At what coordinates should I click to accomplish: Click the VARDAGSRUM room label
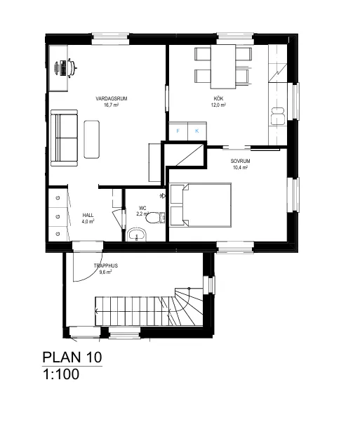[112, 98]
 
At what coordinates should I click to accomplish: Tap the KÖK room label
[218, 98]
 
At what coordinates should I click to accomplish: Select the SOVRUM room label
[240, 161]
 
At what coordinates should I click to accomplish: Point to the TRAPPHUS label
[106, 265]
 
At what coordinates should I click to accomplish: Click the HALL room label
[88, 215]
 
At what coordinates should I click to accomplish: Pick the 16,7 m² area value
[112, 105]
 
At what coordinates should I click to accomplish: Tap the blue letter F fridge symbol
[178, 131]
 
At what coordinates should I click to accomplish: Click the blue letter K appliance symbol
[197, 131]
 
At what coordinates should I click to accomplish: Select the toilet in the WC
[155, 218]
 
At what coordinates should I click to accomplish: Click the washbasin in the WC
[137, 235]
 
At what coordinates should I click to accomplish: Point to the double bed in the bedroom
[201, 205]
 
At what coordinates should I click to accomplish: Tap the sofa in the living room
[65, 138]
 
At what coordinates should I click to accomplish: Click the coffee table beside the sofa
[92, 139]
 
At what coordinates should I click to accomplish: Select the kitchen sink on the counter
[278, 117]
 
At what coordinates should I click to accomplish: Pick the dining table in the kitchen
[223, 67]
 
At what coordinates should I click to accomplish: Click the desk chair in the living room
[72, 67]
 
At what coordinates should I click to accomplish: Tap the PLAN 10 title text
[72, 357]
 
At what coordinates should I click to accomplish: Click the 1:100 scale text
[61, 374]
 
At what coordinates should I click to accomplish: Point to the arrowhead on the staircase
[97, 312]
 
